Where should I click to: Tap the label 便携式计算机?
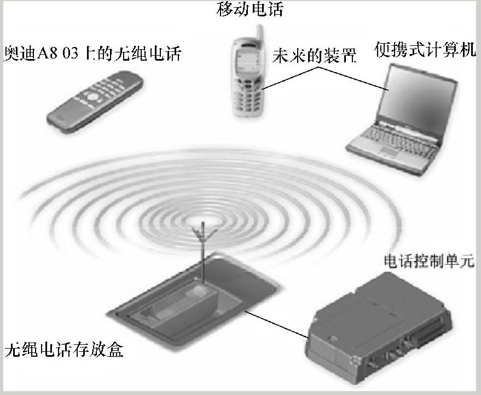coord(425,50)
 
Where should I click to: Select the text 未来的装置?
coord(314,56)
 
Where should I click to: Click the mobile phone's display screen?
coord(244,62)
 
